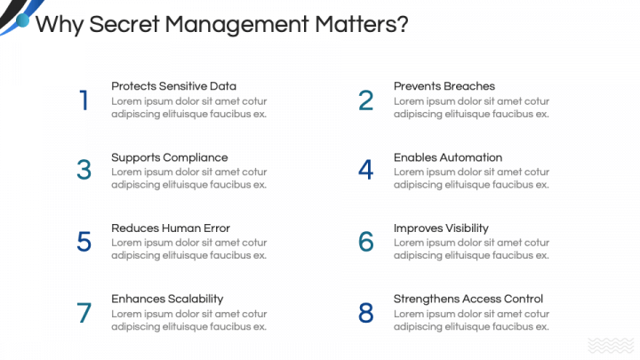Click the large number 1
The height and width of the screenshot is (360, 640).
(x=84, y=100)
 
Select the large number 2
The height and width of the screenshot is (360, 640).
(x=366, y=100)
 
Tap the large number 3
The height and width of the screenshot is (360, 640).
(x=84, y=170)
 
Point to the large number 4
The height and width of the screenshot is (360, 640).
(x=366, y=170)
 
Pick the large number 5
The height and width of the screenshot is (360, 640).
(x=84, y=241)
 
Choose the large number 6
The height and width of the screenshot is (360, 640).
(x=366, y=241)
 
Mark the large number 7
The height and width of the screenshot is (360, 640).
(x=84, y=312)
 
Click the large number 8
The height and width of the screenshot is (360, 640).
(x=366, y=312)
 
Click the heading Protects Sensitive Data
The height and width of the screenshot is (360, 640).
(x=173, y=86)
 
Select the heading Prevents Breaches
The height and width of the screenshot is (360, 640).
(x=444, y=86)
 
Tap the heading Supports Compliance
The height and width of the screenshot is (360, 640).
(x=169, y=157)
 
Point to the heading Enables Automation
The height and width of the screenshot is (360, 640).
(x=448, y=157)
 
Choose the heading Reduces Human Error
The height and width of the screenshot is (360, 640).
(x=171, y=228)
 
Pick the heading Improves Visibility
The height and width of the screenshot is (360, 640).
(x=441, y=228)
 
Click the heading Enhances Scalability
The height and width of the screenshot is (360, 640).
(x=167, y=299)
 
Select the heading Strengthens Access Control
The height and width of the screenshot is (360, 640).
(x=468, y=299)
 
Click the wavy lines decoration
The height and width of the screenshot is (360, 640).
(x=612, y=346)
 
